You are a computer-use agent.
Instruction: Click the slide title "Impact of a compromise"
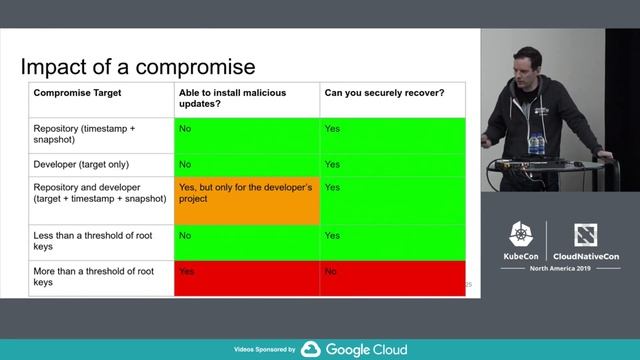point(138,68)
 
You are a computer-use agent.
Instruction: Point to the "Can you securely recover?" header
point(384,94)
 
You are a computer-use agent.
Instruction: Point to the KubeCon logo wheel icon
point(522,236)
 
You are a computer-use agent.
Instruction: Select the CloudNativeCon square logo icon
point(586,235)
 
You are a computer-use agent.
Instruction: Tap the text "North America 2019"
point(553,269)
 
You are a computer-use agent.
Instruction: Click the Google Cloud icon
point(311,350)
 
